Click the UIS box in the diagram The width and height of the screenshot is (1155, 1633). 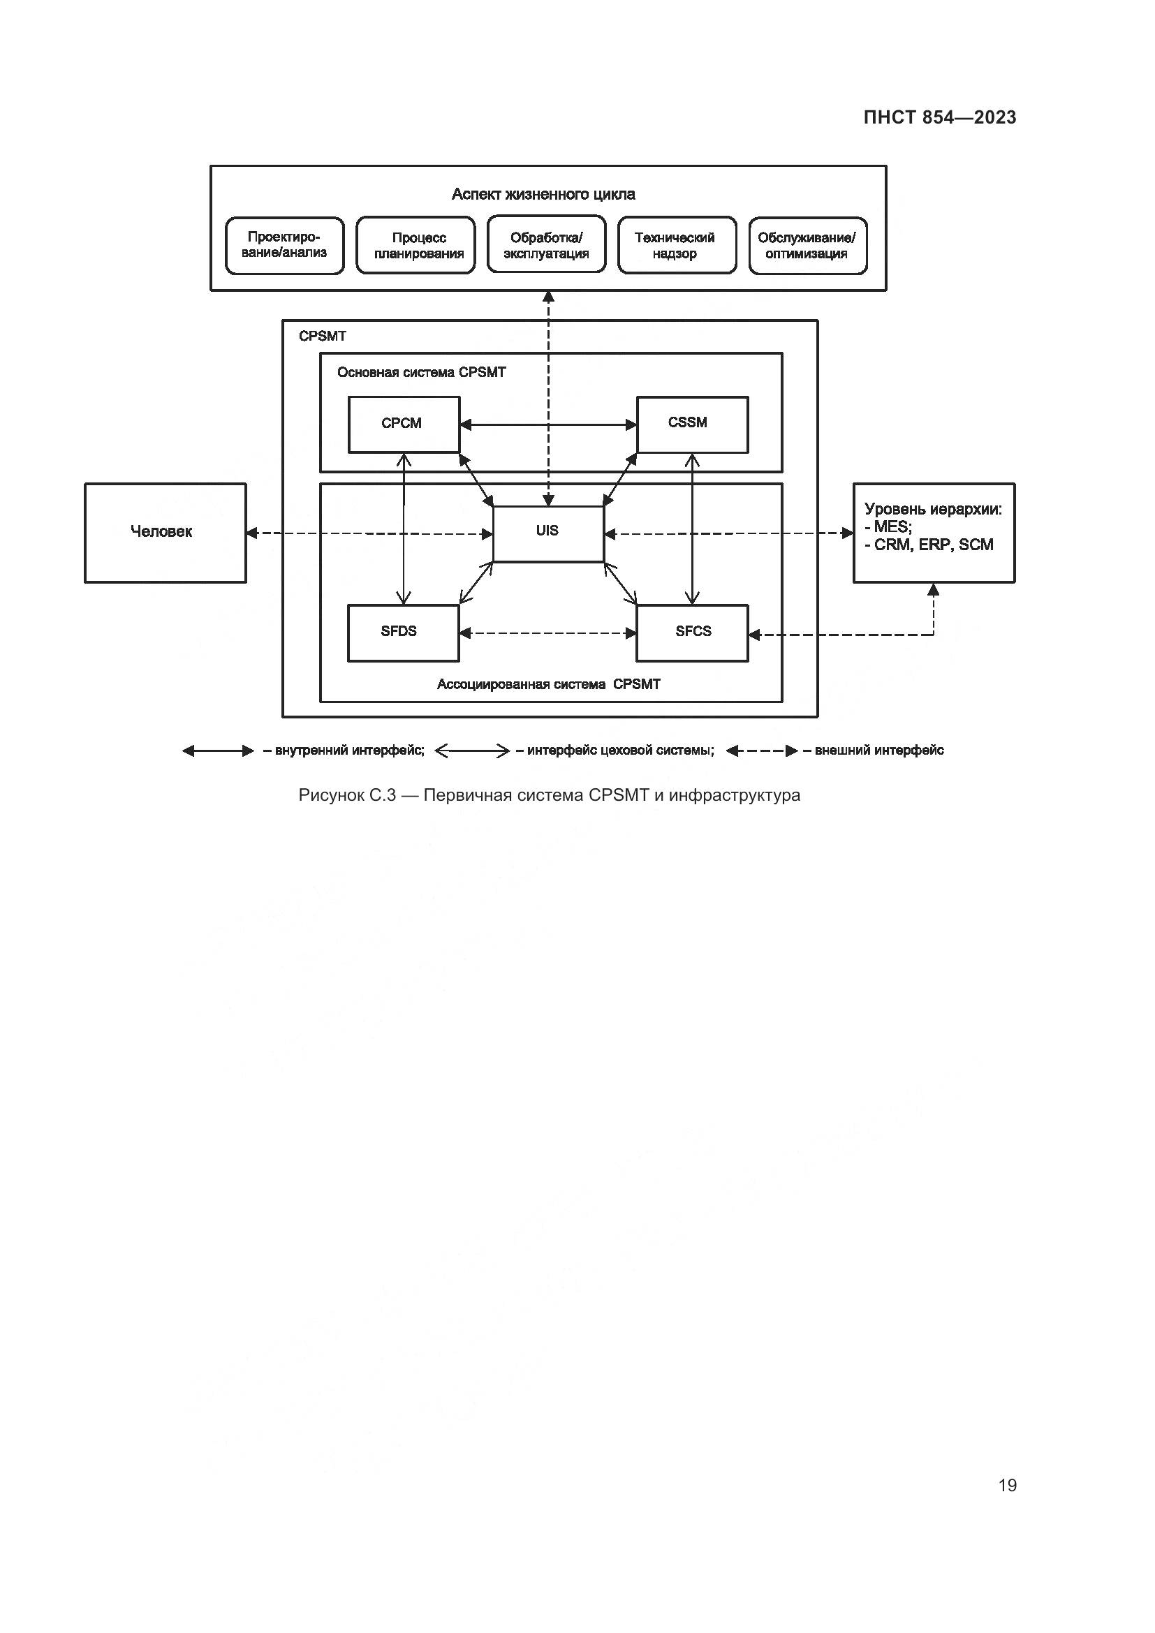(547, 533)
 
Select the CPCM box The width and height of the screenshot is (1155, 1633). (403, 424)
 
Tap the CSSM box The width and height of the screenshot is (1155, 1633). (692, 424)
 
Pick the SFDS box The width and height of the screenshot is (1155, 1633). (402, 633)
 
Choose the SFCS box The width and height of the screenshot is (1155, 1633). (692, 633)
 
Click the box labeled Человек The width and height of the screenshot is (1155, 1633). (165, 533)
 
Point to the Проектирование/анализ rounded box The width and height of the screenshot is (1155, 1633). (284, 245)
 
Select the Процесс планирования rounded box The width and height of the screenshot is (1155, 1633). (415, 245)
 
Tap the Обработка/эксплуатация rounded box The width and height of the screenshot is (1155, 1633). (546, 245)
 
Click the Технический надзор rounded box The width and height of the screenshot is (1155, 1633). (677, 245)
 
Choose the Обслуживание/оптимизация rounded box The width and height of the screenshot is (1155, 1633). (807, 245)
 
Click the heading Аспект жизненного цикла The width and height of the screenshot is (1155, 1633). (543, 194)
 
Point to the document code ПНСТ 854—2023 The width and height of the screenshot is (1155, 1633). (939, 117)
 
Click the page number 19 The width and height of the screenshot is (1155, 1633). (1007, 1485)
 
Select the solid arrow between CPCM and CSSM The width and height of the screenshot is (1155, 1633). (547, 424)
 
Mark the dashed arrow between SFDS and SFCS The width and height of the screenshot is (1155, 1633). (547, 633)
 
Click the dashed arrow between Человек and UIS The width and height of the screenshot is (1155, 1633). (369, 533)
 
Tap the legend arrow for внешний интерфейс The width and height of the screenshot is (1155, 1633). (762, 751)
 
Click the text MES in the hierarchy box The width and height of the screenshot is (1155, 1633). (892, 526)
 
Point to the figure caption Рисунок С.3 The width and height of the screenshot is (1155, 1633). (549, 795)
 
